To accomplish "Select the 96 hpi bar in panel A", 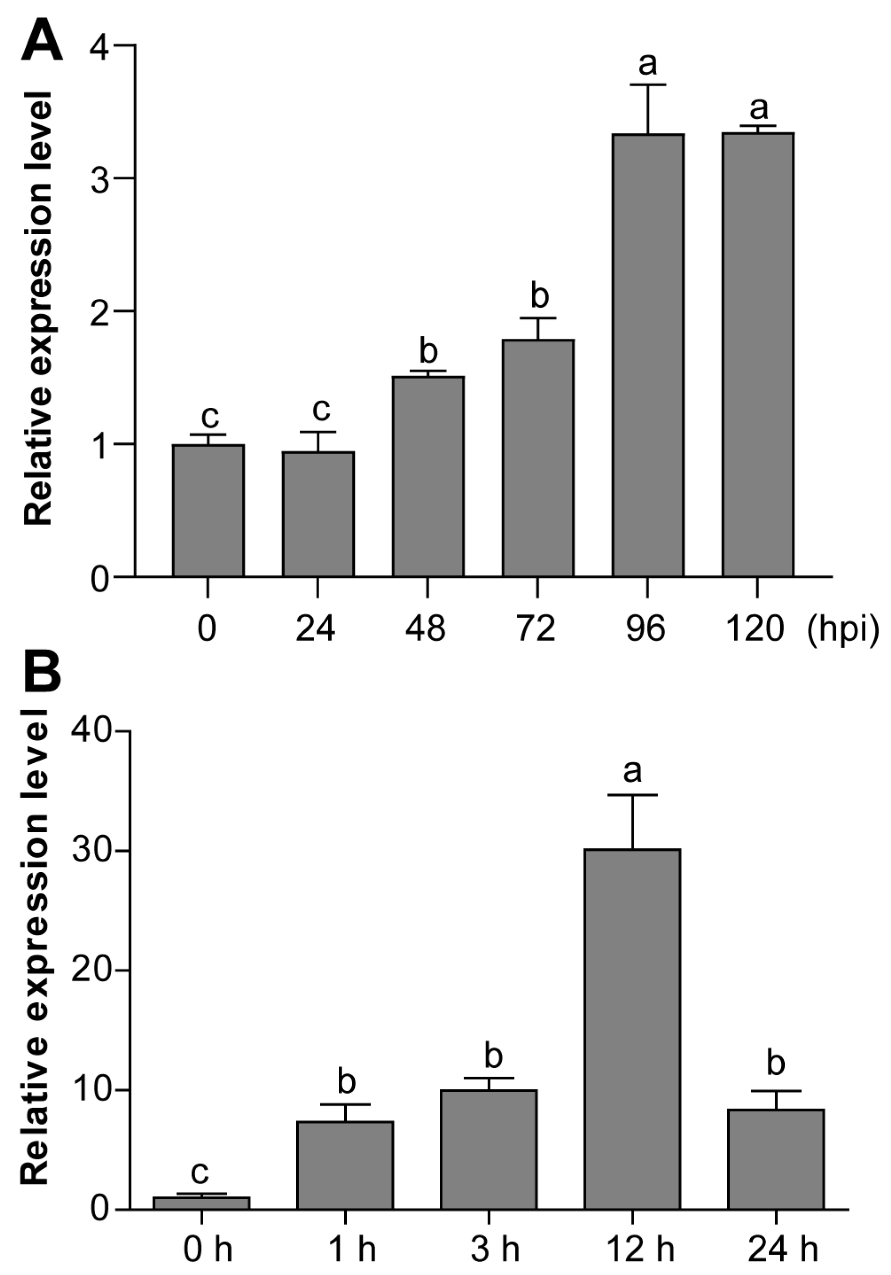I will click(648, 355).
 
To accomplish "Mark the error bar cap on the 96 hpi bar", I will click(648, 85).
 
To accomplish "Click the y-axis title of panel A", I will click(38, 308).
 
